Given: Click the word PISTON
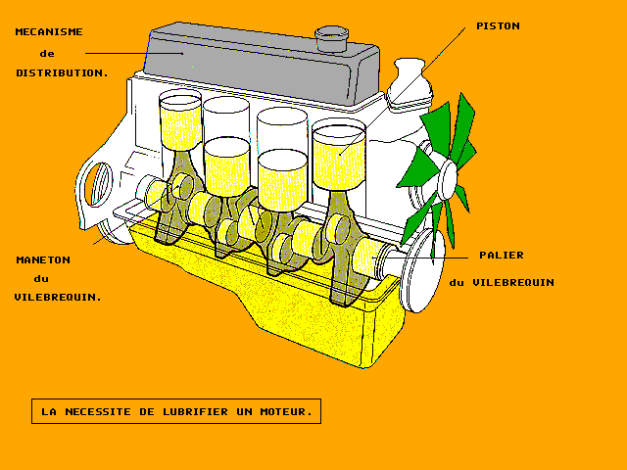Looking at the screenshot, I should (x=497, y=25).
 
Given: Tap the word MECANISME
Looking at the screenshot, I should (x=49, y=31).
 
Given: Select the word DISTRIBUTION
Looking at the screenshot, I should (x=62, y=72).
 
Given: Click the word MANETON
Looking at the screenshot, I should (x=43, y=259).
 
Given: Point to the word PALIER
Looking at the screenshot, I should (x=501, y=255).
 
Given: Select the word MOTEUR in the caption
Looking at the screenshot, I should (x=285, y=412).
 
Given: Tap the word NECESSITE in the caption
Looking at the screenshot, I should (x=102, y=412).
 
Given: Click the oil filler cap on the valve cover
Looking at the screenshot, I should (x=333, y=38).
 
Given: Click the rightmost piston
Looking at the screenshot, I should (x=338, y=147).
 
